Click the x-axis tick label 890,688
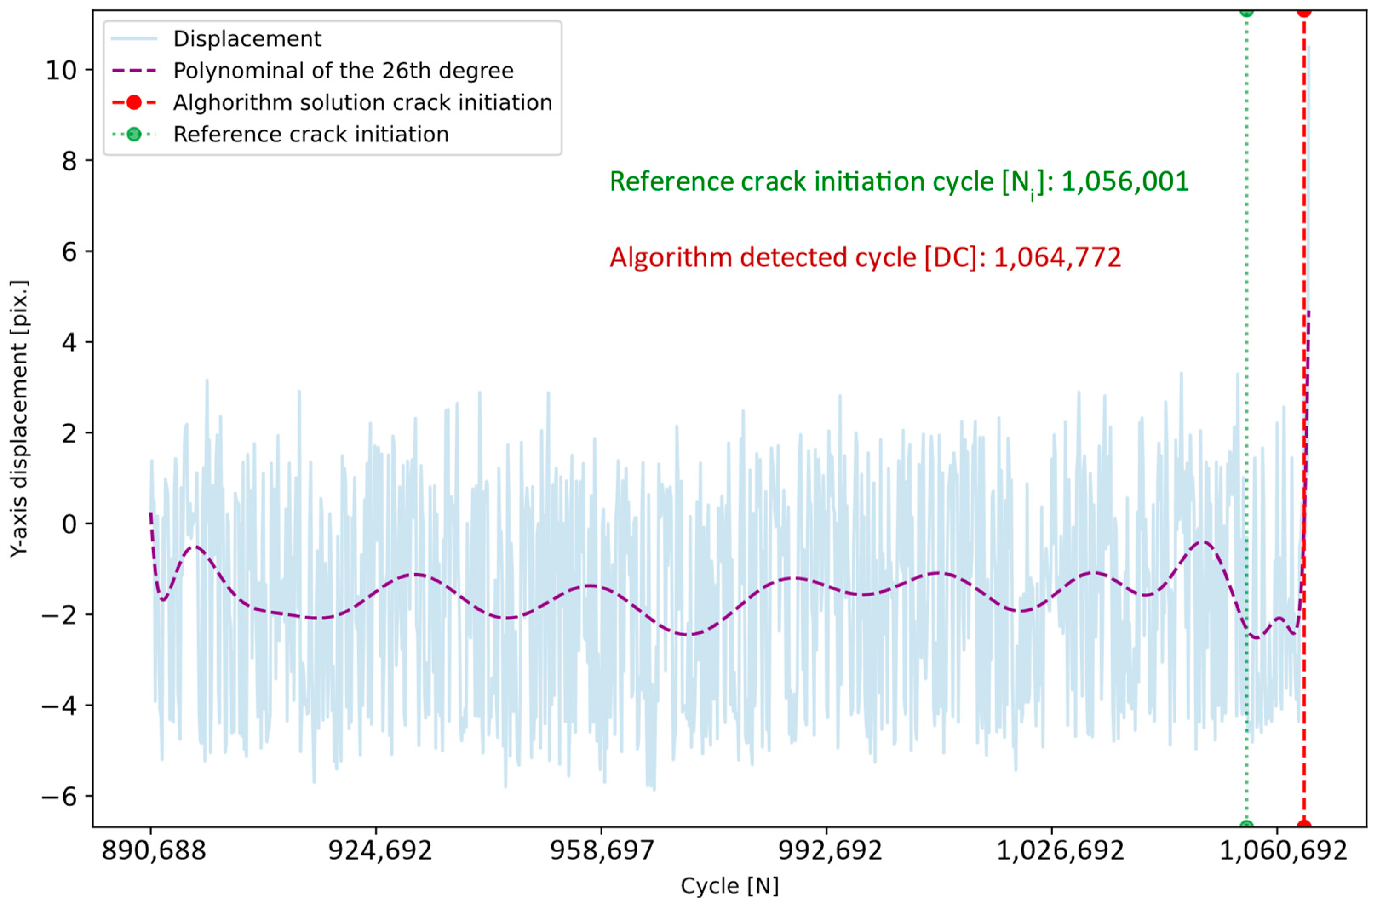click(x=154, y=851)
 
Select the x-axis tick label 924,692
click(x=379, y=851)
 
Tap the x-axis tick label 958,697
click(x=602, y=851)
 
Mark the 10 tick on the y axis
click(x=61, y=71)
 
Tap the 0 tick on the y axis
click(x=69, y=524)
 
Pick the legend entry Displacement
click(x=247, y=39)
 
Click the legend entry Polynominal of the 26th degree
click(x=343, y=71)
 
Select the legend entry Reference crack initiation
click(x=311, y=135)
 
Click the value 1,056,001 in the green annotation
click(x=1125, y=181)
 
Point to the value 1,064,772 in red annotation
click(x=1057, y=257)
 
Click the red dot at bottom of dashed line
click(x=1304, y=826)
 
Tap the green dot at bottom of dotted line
click(x=1246, y=826)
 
